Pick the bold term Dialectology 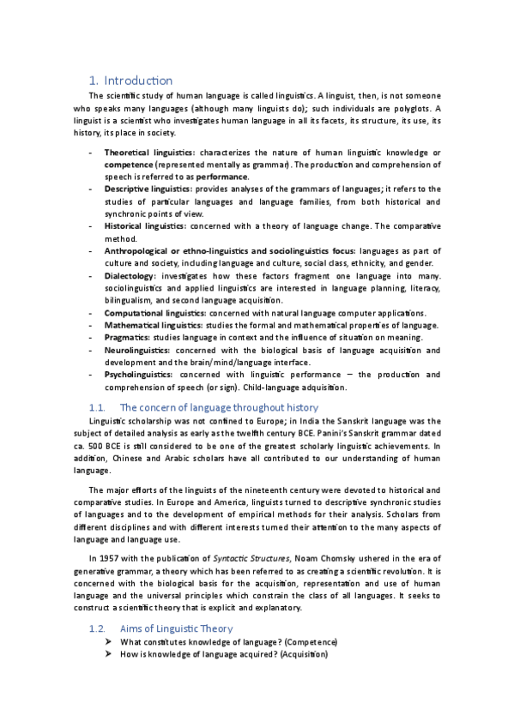click(x=130, y=276)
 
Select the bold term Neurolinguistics click(x=137, y=350)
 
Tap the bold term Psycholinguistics click(x=138, y=375)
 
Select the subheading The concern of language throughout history click(x=219, y=407)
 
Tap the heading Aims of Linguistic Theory click(x=177, y=628)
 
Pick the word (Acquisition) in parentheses click(x=298, y=655)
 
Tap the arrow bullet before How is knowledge click(x=109, y=655)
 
